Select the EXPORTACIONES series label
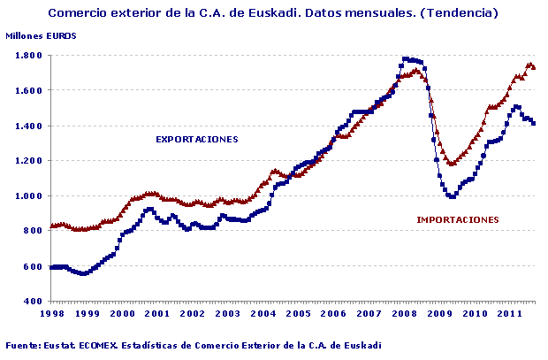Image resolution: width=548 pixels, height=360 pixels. [x=197, y=139]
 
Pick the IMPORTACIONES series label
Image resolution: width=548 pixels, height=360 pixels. [x=457, y=219]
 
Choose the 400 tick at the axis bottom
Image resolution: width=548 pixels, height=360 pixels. [x=36, y=302]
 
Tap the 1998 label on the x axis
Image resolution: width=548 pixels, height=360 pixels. [x=52, y=314]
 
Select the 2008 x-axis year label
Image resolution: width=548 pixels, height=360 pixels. [x=405, y=314]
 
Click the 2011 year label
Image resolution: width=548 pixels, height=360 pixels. [x=510, y=314]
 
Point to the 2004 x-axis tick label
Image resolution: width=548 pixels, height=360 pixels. [x=263, y=314]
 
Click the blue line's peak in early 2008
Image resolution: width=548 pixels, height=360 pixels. [x=406, y=58]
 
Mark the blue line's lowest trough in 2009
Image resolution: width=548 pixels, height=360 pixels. [x=452, y=196]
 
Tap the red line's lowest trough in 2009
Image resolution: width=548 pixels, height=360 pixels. [x=452, y=164]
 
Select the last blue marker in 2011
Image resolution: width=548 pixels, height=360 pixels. [x=533, y=123]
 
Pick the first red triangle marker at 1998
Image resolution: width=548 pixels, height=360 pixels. [x=52, y=226]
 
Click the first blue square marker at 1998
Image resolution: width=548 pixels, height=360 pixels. [x=52, y=267]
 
